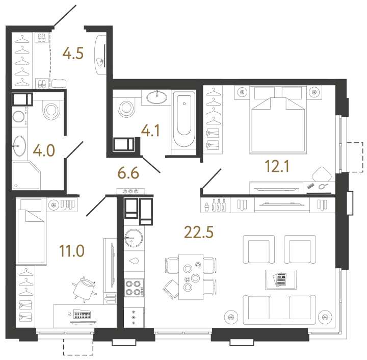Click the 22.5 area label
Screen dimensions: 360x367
(198, 232)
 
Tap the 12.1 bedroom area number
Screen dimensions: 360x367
(278, 166)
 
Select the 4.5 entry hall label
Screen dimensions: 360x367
(73, 53)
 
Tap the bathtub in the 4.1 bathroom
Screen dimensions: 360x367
(183, 120)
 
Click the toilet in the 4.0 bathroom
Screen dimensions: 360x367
(51, 110)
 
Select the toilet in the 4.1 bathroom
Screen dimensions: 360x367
(125, 108)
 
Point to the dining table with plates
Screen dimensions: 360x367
(191, 276)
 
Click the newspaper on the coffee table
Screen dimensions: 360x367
(280, 279)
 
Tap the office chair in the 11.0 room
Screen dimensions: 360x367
(85, 288)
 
